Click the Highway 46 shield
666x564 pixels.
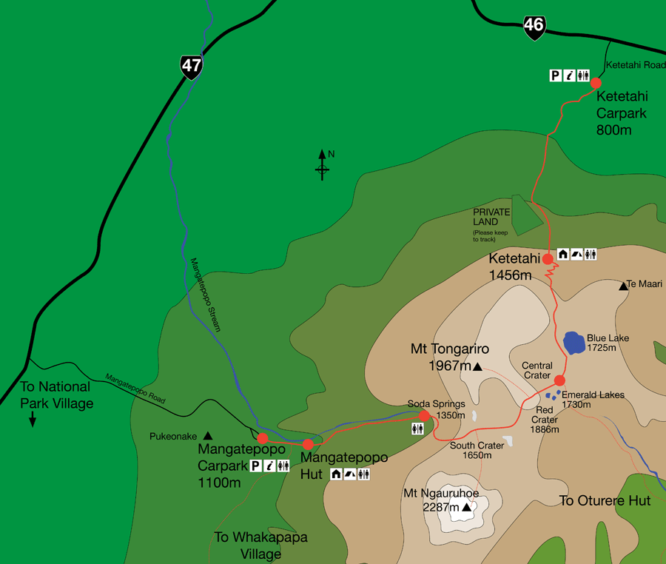coord(534,26)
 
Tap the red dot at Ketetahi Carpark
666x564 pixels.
coord(595,83)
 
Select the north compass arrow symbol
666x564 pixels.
coord(322,165)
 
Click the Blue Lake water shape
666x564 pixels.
coord(574,342)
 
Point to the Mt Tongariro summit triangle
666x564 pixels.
coord(477,366)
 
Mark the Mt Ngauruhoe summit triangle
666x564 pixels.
coord(466,508)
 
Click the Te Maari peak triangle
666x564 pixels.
coord(623,285)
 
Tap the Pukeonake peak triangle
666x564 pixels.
coord(207,436)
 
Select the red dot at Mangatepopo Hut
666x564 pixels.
coord(308,444)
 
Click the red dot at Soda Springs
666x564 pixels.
coord(424,415)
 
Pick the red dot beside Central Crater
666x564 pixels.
coord(559,380)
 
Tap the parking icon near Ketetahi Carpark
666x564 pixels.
coord(554,75)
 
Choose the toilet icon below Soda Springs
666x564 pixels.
coord(417,429)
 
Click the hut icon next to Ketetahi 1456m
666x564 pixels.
coord(562,254)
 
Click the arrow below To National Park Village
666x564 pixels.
coord(33,420)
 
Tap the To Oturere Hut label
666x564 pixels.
coord(605,501)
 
